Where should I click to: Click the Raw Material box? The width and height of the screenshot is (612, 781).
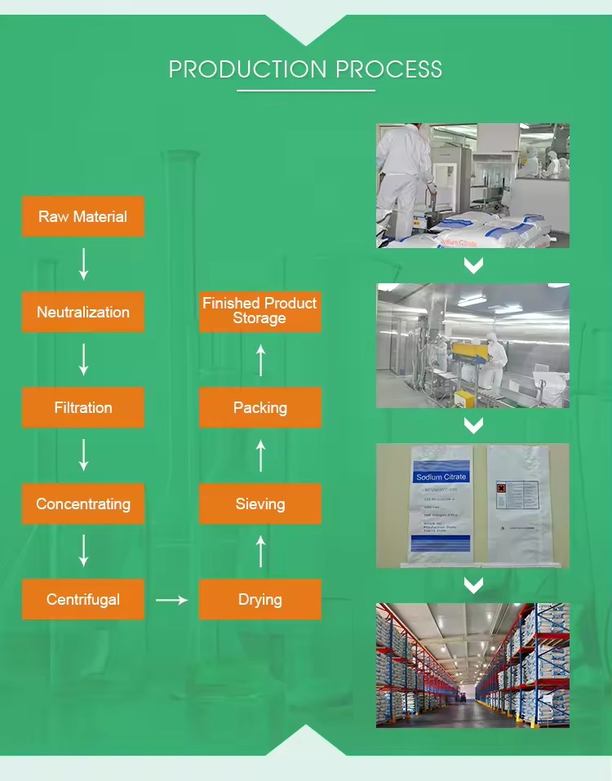pos(83,216)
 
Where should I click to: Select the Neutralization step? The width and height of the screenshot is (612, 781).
pos(83,312)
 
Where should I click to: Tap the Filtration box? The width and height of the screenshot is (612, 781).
pos(83,407)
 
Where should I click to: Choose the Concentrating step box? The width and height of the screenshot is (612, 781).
pos(83,504)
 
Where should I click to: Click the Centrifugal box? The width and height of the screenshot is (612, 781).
pos(83,599)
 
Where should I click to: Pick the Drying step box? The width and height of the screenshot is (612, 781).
pos(260,599)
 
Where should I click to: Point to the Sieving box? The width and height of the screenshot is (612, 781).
pos(260,504)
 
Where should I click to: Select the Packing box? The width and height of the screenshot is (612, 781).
pos(260,407)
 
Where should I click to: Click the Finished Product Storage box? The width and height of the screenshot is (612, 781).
pos(260,311)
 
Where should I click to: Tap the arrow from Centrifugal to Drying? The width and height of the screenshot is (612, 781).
pos(171,600)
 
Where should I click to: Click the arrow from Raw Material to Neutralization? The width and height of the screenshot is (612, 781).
pos(83,264)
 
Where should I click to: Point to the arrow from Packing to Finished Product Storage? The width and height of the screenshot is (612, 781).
pos(260,360)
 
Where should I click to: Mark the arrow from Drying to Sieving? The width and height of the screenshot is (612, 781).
pos(260,552)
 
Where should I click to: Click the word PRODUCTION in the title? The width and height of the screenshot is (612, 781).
pos(242,69)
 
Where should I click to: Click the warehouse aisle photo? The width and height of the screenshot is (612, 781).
pos(472,665)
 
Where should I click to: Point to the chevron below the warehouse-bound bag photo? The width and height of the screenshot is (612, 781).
pos(473,584)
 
